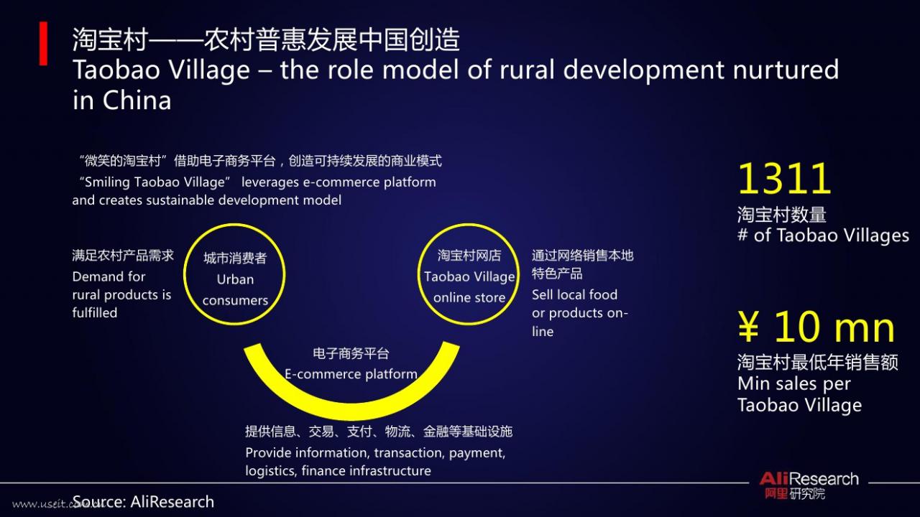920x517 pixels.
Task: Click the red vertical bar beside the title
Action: coord(43,44)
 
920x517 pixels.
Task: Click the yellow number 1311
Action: coord(784,179)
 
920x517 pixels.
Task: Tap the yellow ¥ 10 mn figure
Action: coord(816,327)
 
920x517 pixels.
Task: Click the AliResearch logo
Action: coord(809,485)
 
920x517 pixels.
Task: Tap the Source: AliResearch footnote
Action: coord(143,502)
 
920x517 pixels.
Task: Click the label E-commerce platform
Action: coord(351,374)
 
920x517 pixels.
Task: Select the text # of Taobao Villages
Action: coord(823,236)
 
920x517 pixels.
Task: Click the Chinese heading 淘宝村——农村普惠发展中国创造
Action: coord(266,39)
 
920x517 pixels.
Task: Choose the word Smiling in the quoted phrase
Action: coord(107,182)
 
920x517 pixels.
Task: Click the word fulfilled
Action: coord(95,312)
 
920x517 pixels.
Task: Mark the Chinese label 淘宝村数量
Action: coord(781,215)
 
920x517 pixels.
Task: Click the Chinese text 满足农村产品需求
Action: coord(123,256)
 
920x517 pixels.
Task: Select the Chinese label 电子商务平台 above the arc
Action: coord(351,353)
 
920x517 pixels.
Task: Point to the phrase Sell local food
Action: coord(574,294)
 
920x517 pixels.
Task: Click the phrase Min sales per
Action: coord(794,384)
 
